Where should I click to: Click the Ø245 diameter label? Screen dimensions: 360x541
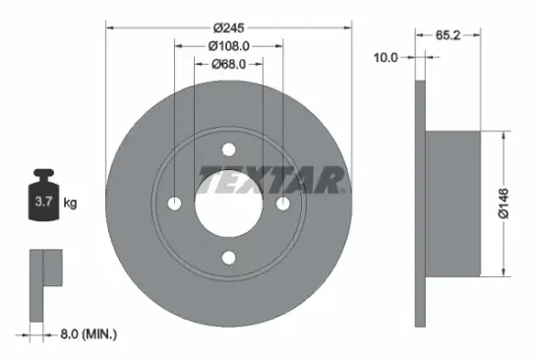tap(229, 27)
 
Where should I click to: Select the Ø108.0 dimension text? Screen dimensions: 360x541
tap(229, 45)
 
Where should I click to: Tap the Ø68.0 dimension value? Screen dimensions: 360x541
tap(229, 65)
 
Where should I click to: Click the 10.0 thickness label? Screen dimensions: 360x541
tap(387, 57)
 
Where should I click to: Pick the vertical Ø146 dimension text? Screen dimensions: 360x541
tap(504, 203)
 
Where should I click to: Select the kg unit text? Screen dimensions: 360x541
tap(70, 204)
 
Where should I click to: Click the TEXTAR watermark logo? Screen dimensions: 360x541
tap(274, 180)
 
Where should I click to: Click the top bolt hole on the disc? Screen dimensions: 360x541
tap(229, 150)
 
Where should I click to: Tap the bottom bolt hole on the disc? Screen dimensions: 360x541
tap(229, 258)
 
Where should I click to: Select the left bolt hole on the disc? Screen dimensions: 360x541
tap(176, 204)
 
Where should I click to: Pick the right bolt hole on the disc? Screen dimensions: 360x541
tap(283, 204)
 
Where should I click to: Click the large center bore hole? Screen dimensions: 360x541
tap(229, 204)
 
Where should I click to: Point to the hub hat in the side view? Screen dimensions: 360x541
tap(454, 204)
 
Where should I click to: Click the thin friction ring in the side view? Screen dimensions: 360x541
tap(421, 204)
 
